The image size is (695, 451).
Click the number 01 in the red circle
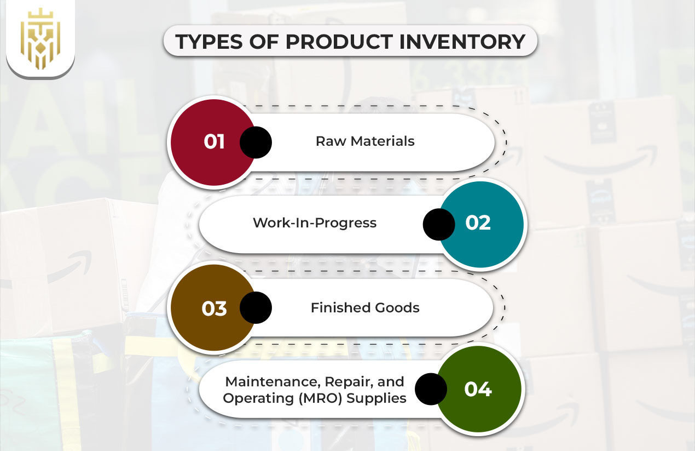215,141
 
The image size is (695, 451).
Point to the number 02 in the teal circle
478,223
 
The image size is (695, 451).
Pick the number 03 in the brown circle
215,308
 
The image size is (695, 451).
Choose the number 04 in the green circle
478,389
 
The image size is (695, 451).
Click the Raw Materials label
365,141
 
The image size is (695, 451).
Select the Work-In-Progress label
315,223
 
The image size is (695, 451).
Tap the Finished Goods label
365,308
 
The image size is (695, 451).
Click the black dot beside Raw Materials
256,142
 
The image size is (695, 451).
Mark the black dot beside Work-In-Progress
439,224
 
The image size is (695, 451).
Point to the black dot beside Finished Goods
256,307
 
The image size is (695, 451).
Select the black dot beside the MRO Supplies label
431,390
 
